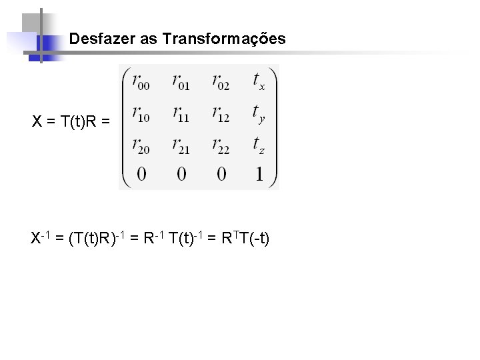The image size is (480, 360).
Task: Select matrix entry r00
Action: [x=141, y=83]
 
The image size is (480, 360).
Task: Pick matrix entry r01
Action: [x=181, y=83]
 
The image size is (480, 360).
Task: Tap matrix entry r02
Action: [x=221, y=83]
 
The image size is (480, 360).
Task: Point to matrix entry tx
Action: [x=259, y=82]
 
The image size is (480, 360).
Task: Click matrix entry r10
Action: [x=141, y=115]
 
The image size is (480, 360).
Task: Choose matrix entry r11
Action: [x=181, y=115]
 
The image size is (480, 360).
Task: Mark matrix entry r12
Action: [x=221, y=115]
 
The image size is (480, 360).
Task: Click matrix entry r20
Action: [x=141, y=145]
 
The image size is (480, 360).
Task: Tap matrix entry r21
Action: [x=181, y=145]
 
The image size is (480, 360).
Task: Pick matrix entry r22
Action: [x=221, y=145]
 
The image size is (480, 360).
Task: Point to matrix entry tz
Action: [x=259, y=145]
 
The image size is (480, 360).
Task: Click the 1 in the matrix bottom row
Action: [x=259, y=175]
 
